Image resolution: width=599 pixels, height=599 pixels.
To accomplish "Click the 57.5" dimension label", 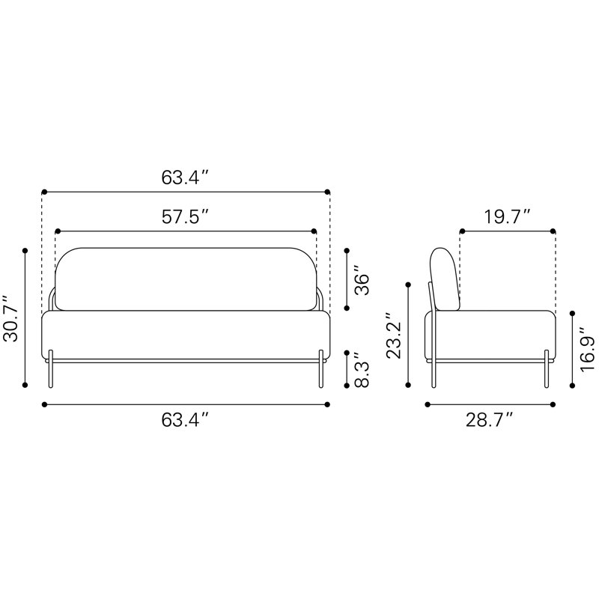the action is click(185, 217).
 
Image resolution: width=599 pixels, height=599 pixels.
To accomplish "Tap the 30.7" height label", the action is click(10, 317).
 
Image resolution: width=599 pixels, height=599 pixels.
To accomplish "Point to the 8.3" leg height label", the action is click(362, 369).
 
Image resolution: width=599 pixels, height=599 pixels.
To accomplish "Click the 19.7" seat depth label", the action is click(508, 217).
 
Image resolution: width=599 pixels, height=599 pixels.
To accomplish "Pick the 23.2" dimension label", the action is click(394, 335).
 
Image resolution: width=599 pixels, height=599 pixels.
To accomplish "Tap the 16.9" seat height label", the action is click(588, 349).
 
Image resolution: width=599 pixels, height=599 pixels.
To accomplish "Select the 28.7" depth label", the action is click(490, 420).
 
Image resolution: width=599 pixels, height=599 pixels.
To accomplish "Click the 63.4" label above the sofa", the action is click(185, 177).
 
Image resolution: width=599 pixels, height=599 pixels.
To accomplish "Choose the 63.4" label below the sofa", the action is click(185, 420).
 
